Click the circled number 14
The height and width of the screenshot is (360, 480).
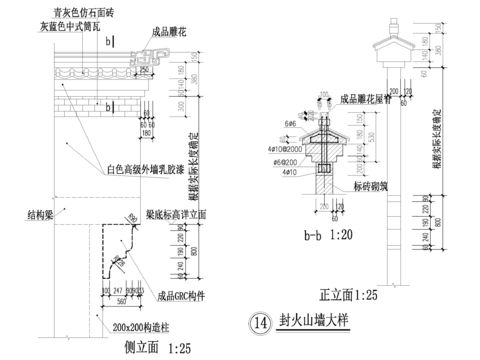[x=260, y=323]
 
